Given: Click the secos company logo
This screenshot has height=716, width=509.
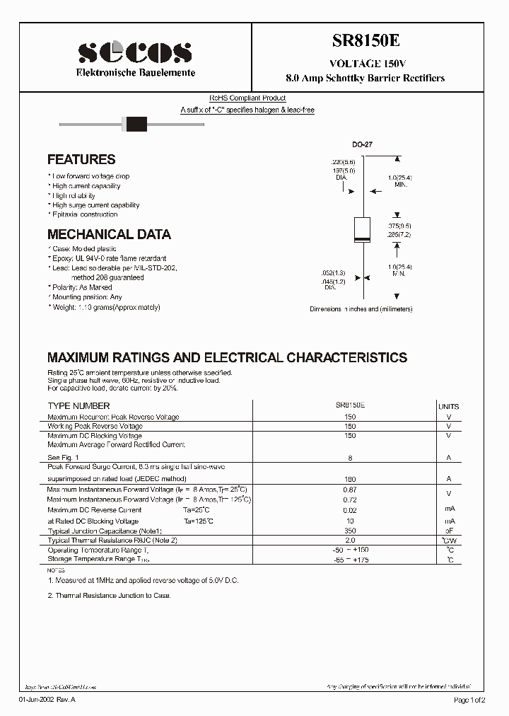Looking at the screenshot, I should [x=135, y=52].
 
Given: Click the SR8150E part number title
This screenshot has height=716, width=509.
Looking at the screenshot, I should [x=365, y=42].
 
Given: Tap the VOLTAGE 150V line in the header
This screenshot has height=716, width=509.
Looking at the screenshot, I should [x=365, y=63].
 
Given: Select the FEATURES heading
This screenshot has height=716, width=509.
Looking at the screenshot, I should [x=81, y=160].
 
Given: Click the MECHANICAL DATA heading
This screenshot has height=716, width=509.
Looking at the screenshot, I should [x=109, y=234].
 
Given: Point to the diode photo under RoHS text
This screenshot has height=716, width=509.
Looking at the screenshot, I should [x=134, y=125].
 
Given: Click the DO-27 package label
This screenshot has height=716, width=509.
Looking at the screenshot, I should [x=362, y=144].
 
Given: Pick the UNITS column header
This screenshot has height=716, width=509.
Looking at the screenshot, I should [x=448, y=407].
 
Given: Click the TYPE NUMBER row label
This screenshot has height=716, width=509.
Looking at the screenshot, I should [x=78, y=406].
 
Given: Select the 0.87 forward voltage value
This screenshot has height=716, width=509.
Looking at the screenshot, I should [x=349, y=490].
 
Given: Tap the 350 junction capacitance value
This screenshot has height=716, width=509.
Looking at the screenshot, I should [x=349, y=531].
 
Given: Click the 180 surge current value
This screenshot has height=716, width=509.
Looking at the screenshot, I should [x=349, y=479].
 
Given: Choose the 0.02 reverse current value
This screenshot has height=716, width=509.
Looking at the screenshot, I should [x=349, y=510].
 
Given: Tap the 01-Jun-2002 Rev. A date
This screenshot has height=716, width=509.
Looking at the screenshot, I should [x=47, y=700].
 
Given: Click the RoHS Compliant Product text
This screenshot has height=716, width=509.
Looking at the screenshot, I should [x=247, y=98].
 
